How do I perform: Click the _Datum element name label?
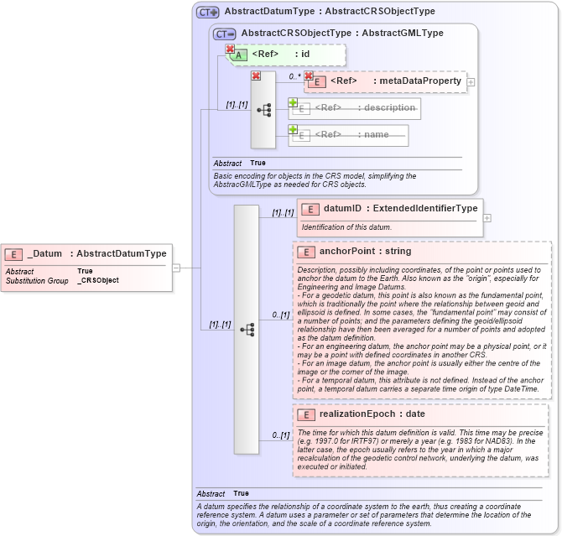point(45,253)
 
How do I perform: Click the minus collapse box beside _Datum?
point(176,268)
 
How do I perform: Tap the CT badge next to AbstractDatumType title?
point(207,12)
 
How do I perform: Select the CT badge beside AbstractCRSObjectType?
point(224,34)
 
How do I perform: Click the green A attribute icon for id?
point(239,55)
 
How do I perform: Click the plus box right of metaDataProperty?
point(471,82)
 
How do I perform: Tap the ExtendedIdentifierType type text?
point(425,208)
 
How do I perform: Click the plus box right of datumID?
point(487,218)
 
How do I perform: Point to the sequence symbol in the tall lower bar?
point(247,330)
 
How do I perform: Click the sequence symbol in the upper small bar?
point(263,109)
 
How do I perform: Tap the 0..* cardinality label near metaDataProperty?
point(294,76)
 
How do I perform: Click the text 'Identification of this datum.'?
point(346,227)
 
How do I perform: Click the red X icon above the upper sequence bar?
point(256,76)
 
